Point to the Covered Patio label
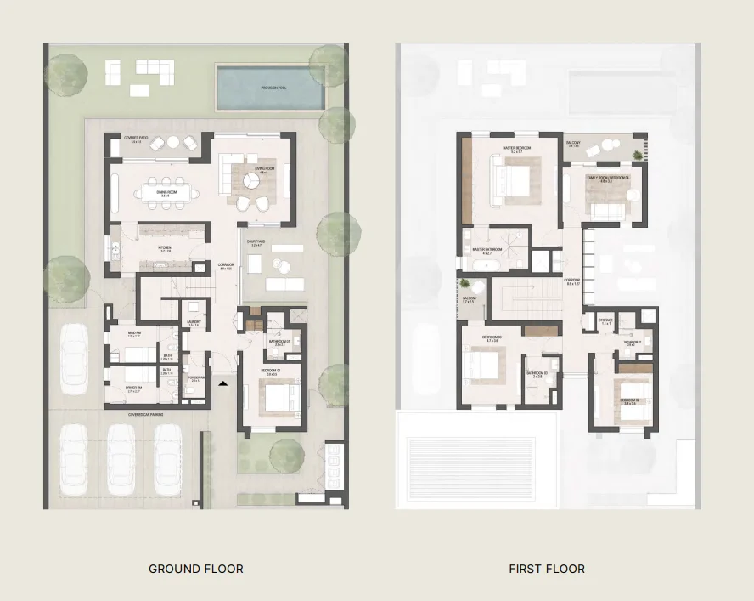(136, 139)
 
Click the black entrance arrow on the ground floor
(222, 384)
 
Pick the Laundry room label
(194, 323)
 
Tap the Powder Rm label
(195, 379)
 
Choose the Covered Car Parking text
(146, 415)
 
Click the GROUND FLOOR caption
(195, 569)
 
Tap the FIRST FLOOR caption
(547, 569)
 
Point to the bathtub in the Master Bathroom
(481, 265)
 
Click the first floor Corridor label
(572, 281)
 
